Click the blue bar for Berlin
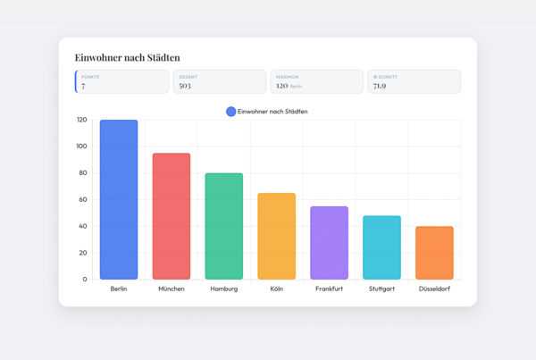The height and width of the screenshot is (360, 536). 119,199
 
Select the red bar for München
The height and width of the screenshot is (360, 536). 172,216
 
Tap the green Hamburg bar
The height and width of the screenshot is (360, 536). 224,226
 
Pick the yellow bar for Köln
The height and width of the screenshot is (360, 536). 276,236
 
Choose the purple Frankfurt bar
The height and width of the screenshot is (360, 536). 329,243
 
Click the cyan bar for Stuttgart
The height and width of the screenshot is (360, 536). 381,247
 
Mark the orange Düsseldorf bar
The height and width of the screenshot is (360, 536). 434,253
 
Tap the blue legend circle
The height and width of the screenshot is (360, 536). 230,111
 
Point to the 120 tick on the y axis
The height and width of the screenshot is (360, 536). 81,120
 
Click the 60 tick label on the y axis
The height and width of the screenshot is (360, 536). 83,199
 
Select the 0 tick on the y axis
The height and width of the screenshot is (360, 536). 86,280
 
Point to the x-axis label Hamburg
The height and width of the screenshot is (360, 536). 224,289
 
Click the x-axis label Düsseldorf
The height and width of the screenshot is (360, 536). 434,289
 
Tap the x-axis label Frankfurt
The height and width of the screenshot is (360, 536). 329,289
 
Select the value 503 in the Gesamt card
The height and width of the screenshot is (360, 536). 185,86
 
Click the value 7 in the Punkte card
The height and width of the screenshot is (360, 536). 83,86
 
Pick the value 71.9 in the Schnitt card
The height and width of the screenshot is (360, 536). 381,86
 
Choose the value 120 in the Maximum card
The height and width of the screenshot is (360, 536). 281,86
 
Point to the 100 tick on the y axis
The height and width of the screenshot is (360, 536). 81,147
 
